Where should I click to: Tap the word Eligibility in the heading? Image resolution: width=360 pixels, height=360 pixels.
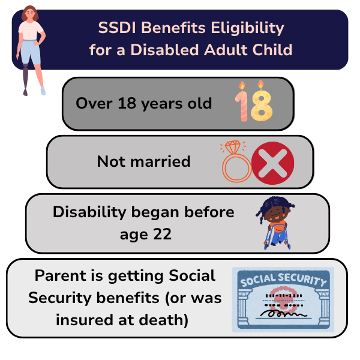(x=247, y=28)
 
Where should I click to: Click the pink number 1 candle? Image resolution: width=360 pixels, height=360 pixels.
(x=242, y=102)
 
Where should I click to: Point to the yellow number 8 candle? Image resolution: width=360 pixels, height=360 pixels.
(x=262, y=102)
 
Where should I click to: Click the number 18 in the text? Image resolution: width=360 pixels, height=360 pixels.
(x=127, y=103)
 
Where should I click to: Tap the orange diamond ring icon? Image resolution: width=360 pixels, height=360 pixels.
(x=236, y=161)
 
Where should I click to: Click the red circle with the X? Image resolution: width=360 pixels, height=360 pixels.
(x=273, y=163)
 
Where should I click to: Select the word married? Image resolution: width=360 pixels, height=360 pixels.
(x=160, y=161)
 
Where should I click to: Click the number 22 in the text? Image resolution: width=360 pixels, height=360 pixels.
(x=163, y=234)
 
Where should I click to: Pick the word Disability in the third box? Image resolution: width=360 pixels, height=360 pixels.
(x=89, y=212)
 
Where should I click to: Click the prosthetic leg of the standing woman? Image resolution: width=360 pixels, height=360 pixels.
(x=25, y=80)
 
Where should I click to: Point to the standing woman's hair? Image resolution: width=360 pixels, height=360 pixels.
(x=29, y=13)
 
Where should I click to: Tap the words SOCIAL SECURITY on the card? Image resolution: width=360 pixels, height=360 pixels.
(x=284, y=280)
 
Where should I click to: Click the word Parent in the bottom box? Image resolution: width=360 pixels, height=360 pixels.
(x=61, y=275)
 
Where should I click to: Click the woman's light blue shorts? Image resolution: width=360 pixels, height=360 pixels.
(x=31, y=52)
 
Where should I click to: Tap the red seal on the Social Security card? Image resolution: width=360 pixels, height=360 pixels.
(x=282, y=299)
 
